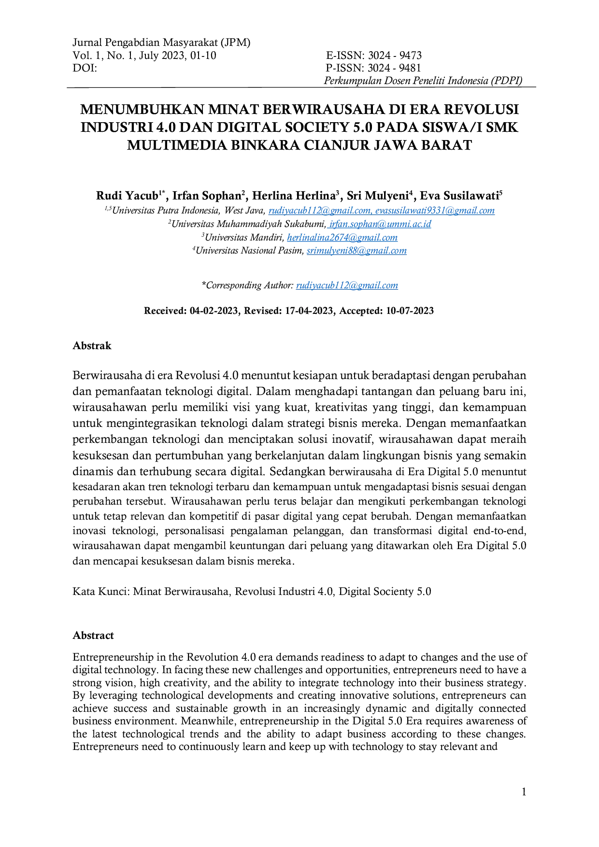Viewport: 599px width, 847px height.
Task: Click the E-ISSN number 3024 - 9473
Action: click(395, 56)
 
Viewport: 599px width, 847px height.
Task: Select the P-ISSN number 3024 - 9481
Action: click(394, 68)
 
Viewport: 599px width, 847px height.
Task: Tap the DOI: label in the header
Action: click(85, 68)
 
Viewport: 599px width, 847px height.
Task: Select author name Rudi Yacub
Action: click(128, 196)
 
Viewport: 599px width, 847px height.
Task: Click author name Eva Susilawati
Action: click(459, 196)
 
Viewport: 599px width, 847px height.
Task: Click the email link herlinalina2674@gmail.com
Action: click(342, 238)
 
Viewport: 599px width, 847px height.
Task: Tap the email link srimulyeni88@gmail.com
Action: click(357, 251)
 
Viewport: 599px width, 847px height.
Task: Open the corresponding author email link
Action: click(347, 285)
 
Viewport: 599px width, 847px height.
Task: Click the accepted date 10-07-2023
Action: click(410, 311)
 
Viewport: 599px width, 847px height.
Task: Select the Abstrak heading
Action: click(92, 346)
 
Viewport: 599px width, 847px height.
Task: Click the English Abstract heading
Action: click(93, 635)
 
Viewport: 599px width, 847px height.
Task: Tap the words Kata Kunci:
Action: click(101, 592)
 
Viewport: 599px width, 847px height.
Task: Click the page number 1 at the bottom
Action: click(524, 792)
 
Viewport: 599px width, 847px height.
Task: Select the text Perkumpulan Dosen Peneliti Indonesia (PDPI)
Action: click(423, 81)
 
